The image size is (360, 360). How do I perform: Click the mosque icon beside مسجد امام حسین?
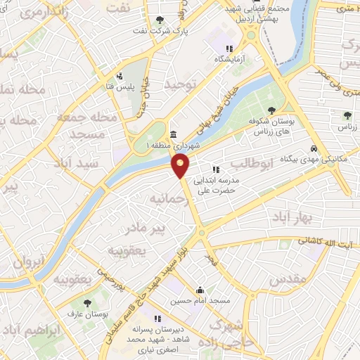200,290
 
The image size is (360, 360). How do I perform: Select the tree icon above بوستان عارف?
87,304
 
